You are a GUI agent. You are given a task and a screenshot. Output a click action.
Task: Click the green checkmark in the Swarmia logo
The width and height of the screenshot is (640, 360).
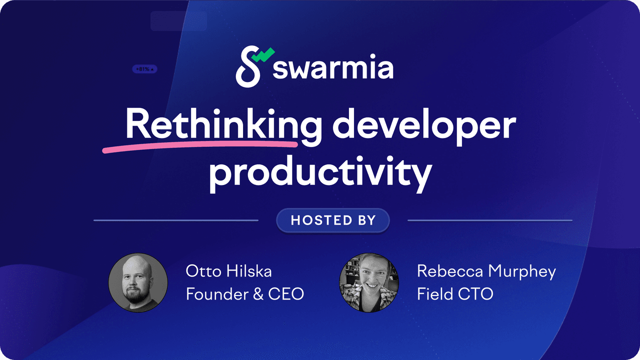coord(263,55)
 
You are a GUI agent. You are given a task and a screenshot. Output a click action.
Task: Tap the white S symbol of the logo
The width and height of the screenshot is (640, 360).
coord(248,66)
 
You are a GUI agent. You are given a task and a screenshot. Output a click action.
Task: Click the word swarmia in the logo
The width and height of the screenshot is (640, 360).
coord(333,66)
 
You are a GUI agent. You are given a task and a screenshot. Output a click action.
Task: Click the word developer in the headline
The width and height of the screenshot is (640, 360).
coord(424,127)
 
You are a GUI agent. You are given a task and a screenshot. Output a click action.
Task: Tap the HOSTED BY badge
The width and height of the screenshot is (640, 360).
coord(333,220)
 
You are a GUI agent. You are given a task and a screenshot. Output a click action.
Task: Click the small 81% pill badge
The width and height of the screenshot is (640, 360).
coord(144,69)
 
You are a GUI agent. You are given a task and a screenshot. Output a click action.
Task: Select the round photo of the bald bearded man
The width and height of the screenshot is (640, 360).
coord(138,282)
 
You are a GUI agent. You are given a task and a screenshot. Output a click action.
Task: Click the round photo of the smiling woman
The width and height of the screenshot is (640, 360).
coord(369,282)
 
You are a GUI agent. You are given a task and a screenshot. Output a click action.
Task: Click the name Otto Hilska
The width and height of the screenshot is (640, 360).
coord(228,271)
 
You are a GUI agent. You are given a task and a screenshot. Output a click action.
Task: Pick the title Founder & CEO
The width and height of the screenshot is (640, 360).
coord(245,293)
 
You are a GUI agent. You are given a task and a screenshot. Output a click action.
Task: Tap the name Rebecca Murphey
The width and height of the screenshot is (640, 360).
coord(486,271)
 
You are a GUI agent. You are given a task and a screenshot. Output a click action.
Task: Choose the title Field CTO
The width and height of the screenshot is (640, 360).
coord(455,293)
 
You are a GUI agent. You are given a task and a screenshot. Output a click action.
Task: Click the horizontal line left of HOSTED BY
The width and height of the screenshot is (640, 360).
coord(176,220)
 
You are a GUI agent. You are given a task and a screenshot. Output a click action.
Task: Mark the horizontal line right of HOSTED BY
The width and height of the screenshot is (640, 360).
coord(490,220)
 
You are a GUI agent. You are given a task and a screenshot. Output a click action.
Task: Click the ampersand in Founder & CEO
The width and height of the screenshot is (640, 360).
coord(258,294)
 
